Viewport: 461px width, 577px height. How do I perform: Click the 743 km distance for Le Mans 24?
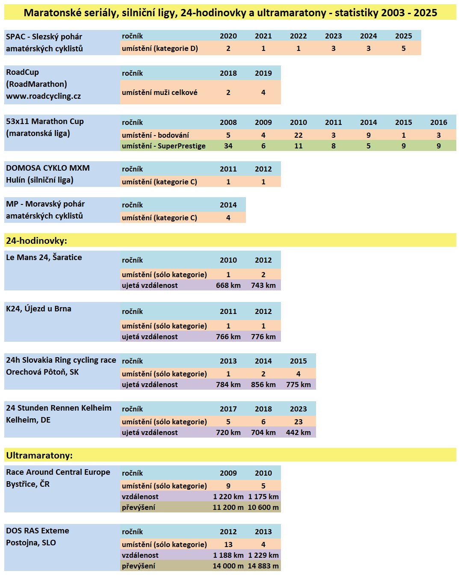click(263, 285)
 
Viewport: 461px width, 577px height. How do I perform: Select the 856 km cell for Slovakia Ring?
click(263, 385)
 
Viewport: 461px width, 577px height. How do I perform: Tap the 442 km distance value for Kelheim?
click(298, 432)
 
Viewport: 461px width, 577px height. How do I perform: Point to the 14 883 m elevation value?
click(263, 566)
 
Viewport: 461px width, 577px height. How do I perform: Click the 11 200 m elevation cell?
click(228, 507)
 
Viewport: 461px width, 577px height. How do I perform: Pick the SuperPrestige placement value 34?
click(228, 146)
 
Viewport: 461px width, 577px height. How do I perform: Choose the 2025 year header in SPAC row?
click(404, 36)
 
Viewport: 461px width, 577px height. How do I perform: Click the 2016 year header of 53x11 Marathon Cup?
click(439, 122)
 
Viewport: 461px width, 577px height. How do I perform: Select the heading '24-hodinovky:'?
click(36, 240)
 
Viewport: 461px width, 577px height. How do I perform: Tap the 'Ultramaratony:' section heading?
click(39, 455)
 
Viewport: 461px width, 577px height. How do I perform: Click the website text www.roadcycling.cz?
click(43, 96)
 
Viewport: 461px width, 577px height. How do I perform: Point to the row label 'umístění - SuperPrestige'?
click(163, 146)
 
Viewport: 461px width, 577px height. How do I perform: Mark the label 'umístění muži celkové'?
click(160, 92)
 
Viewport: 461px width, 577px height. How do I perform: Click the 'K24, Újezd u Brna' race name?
click(38, 309)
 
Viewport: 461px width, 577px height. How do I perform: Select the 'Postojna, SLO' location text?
click(31, 543)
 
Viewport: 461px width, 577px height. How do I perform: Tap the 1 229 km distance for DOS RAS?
click(263, 555)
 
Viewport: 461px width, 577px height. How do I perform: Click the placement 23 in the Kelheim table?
click(298, 422)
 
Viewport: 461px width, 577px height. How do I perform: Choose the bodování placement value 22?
click(298, 135)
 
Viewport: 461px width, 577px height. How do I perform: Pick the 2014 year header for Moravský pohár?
click(228, 205)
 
